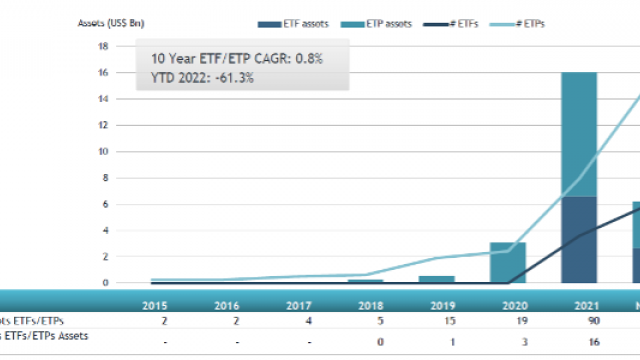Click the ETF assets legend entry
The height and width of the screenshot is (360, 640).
(x=299, y=22)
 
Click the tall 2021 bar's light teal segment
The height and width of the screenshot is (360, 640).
(x=579, y=134)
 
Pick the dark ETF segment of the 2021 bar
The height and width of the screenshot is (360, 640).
(x=579, y=240)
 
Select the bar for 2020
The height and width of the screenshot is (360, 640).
(x=507, y=262)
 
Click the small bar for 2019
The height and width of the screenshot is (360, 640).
(x=436, y=279)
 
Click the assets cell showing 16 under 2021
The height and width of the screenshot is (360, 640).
(x=579, y=341)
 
